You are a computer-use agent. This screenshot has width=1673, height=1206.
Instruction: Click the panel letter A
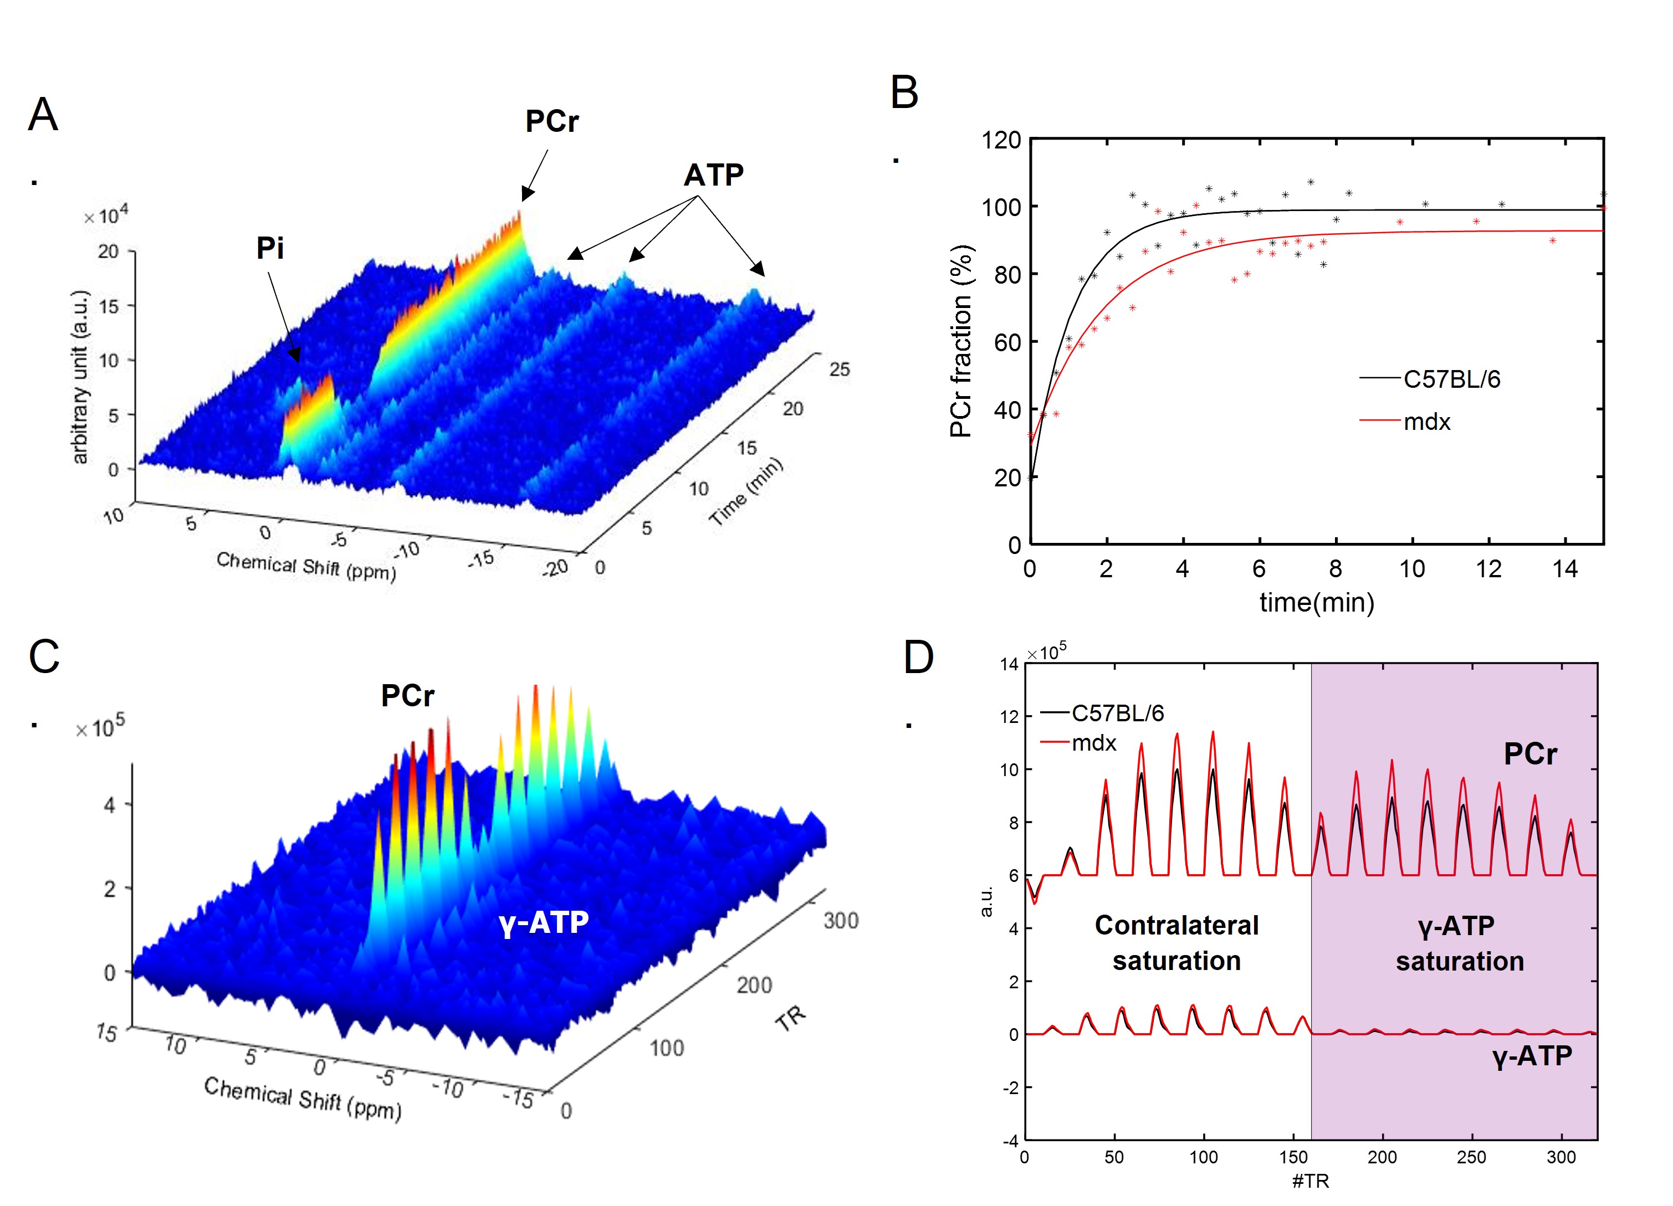coord(43,116)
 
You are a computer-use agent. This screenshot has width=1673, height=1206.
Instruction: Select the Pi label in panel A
coord(270,249)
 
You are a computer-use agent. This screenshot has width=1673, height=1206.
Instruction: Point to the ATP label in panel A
coord(713,176)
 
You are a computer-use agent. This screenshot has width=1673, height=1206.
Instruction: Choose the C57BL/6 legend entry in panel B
coord(1451,379)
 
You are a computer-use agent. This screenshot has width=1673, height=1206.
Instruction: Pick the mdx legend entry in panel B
coord(1426,422)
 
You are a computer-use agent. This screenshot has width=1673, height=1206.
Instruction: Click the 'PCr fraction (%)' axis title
coord(961,341)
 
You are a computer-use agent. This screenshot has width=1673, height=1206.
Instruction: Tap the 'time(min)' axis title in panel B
coord(1317,603)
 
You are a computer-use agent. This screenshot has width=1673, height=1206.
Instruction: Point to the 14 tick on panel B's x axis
coord(1564,569)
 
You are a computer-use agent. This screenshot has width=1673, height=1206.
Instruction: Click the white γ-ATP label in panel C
coord(544,923)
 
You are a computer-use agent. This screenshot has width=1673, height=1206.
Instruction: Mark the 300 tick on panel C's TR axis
coord(841,921)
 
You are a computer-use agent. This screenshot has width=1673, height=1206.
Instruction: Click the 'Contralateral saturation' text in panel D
coord(1176,943)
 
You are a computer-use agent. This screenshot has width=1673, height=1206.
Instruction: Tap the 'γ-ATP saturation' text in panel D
coord(1459,943)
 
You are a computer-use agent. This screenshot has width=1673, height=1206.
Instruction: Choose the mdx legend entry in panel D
coord(1094,743)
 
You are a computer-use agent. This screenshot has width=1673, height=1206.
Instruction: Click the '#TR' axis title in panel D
coord(1310,1181)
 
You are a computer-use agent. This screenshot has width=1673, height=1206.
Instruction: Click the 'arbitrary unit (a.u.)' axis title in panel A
coord(80,377)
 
